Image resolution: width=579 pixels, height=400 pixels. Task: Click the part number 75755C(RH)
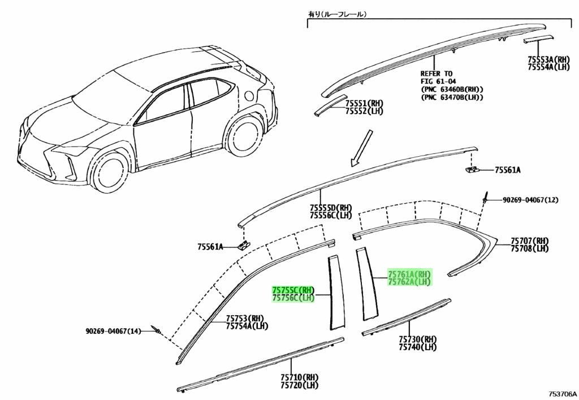[x=293, y=290]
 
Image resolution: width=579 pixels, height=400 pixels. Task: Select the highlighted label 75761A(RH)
[x=409, y=274]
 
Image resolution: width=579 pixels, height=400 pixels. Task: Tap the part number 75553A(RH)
[x=548, y=59]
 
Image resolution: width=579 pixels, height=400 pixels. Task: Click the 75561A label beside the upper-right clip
[x=508, y=170]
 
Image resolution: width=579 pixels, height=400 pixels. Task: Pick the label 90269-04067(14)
[x=113, y=332]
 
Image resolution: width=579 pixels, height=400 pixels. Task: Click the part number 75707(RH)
[x=529, y=241]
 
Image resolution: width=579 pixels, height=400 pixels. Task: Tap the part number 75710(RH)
[x=299, y=377]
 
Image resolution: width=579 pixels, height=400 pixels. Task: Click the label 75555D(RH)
[x=331, y=208]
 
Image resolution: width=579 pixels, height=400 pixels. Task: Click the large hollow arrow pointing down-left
[x=361, y=148]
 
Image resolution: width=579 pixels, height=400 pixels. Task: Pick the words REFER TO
[x=436, y=74]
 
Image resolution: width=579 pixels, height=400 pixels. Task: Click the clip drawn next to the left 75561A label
[x=243, y=245]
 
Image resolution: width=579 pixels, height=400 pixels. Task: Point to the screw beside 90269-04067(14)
[x=156, y=329]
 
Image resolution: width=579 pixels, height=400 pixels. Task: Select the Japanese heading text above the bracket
[x=337, y=14]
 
